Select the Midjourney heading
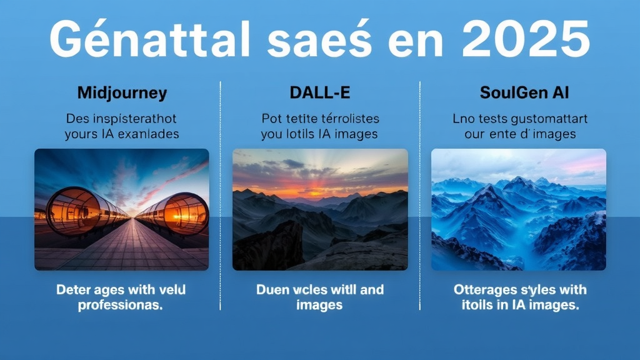[122, 94]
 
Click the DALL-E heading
[319, 94]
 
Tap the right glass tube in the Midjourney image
[178, 212]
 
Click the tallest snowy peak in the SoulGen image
[517, 183]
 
